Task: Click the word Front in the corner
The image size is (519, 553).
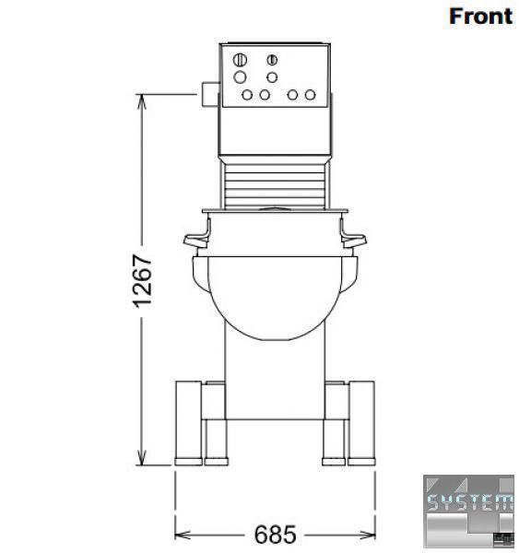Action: point(480,17)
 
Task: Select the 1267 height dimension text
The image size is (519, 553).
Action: point(143,281)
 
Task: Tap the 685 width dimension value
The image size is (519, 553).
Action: point(276,535)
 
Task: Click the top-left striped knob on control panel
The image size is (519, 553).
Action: point(240,60)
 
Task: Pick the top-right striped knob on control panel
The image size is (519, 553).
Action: point(272,60)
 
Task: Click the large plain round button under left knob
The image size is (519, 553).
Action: point(240,76)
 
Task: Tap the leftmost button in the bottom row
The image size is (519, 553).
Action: point(247,95)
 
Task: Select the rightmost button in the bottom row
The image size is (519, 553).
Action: point(310,95)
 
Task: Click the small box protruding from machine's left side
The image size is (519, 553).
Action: point(210,94)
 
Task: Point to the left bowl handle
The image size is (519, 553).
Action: point(197,236)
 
